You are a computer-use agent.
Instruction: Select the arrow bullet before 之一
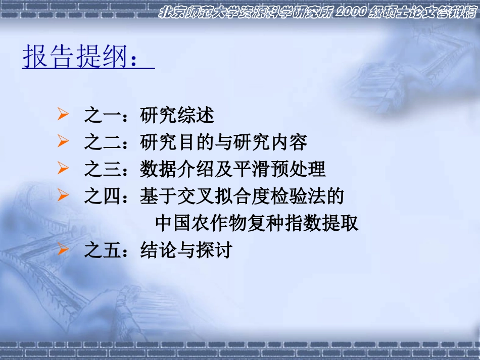click(63, 115)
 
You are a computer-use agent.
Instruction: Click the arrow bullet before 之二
click(63, 142)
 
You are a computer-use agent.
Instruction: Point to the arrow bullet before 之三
click(63, 169)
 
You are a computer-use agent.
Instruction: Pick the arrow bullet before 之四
click(63, 195)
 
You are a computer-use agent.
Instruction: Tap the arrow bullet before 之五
click(63, 249)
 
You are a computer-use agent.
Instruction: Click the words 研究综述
click(177, 116)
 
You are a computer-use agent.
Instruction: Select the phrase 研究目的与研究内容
click(224, 142)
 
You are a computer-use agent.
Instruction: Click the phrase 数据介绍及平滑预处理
click(233, 169)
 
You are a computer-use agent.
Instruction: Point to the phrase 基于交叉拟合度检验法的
click(242, 196)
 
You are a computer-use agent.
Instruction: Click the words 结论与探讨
click(186, 249)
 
